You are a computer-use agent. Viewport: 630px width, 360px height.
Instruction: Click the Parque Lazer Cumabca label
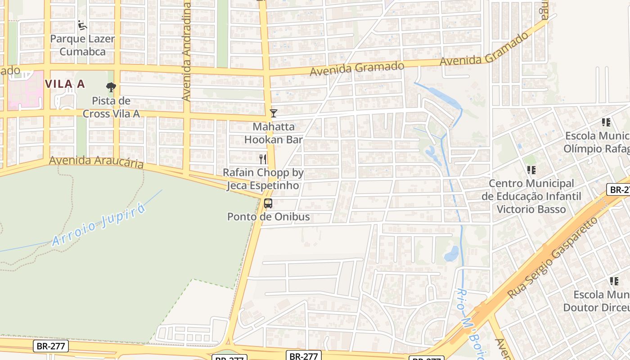click(82, 45)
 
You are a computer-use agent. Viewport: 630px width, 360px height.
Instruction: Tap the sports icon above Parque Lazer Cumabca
click(82, 25)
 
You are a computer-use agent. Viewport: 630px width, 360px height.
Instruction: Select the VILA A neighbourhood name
click(65, 84)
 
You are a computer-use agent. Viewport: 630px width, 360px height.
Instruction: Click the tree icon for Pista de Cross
click(111, 87)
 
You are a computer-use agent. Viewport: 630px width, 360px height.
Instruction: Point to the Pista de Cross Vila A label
click(111, 107)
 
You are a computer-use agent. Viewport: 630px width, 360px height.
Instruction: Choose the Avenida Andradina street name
click(187, 52)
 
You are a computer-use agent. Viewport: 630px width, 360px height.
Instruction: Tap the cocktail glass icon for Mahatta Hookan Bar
click(273, 113)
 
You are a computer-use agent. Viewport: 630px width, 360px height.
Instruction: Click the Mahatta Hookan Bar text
click(274, 133)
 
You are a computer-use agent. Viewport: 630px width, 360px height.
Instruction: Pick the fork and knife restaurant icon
click(263, 159)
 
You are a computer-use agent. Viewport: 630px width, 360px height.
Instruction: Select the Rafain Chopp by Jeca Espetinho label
click(263, 179)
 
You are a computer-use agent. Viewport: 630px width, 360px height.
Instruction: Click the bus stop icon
click(268, 203)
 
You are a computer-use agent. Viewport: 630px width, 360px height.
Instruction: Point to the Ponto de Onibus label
click(268, 216)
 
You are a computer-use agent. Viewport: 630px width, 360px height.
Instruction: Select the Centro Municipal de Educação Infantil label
click(531, 196)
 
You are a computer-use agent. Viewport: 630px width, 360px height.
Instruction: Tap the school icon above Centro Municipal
click(531, 170)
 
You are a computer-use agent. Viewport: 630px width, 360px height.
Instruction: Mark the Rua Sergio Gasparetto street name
click(553, 257)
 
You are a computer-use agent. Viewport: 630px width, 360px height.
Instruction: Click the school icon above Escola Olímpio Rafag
click(606, 122)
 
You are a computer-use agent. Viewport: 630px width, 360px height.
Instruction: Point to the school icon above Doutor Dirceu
click(614, 281)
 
